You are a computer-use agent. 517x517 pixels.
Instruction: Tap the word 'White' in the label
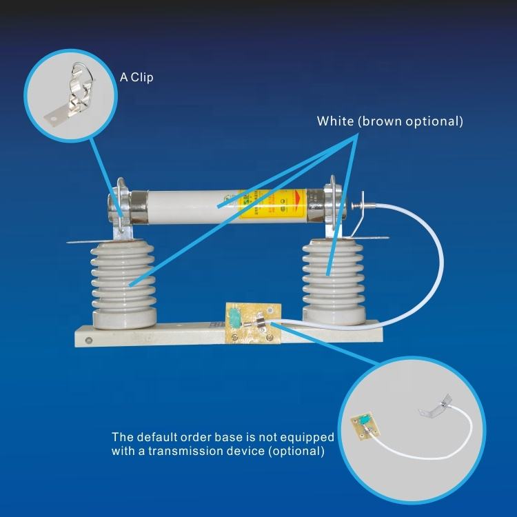[x=334, y=121]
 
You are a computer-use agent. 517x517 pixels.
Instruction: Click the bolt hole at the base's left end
[x=88, y=339]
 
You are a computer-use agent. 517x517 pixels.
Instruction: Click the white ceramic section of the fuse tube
[x=186, y=205]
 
